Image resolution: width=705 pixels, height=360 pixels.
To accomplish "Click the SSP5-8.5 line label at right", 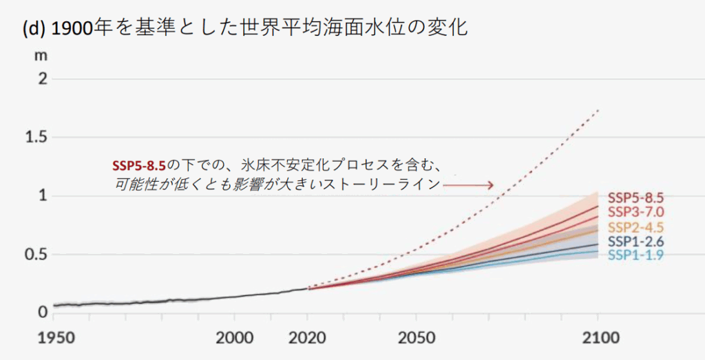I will pyautogui.click(x=636, y=198).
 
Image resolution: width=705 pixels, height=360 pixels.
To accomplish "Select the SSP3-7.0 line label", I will pyautogui.click(x=636, y=213).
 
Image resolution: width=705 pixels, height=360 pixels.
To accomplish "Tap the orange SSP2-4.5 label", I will pyautogui.click(x=636, y=227).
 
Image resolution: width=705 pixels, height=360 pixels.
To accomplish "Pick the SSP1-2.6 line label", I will pyautogui.click(x=636, y=242).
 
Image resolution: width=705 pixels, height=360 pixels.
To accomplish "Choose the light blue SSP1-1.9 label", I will pyautogui.click(x=636, y=255).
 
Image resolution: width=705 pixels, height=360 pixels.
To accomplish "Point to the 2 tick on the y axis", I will pyautogui.click(x=42, y=78).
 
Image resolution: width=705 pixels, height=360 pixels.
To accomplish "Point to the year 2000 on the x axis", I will pyautogui.click(x=235, y=339).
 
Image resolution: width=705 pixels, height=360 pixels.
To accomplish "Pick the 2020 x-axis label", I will pyautogui.click(x=307, y=339).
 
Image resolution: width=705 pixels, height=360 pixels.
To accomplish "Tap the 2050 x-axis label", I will pyautogui.click(x=416, y=339).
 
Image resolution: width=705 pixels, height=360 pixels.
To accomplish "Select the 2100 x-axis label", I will pyautogui.click(x=598, y=339).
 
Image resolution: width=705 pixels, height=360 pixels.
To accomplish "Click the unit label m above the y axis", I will pyautogui.click(x=41, y=55).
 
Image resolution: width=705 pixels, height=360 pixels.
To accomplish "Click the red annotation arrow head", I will pyautogui.click(x=490, y=184).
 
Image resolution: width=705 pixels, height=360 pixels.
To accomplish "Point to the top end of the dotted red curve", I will pyautogui.click(x=599, y=110).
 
